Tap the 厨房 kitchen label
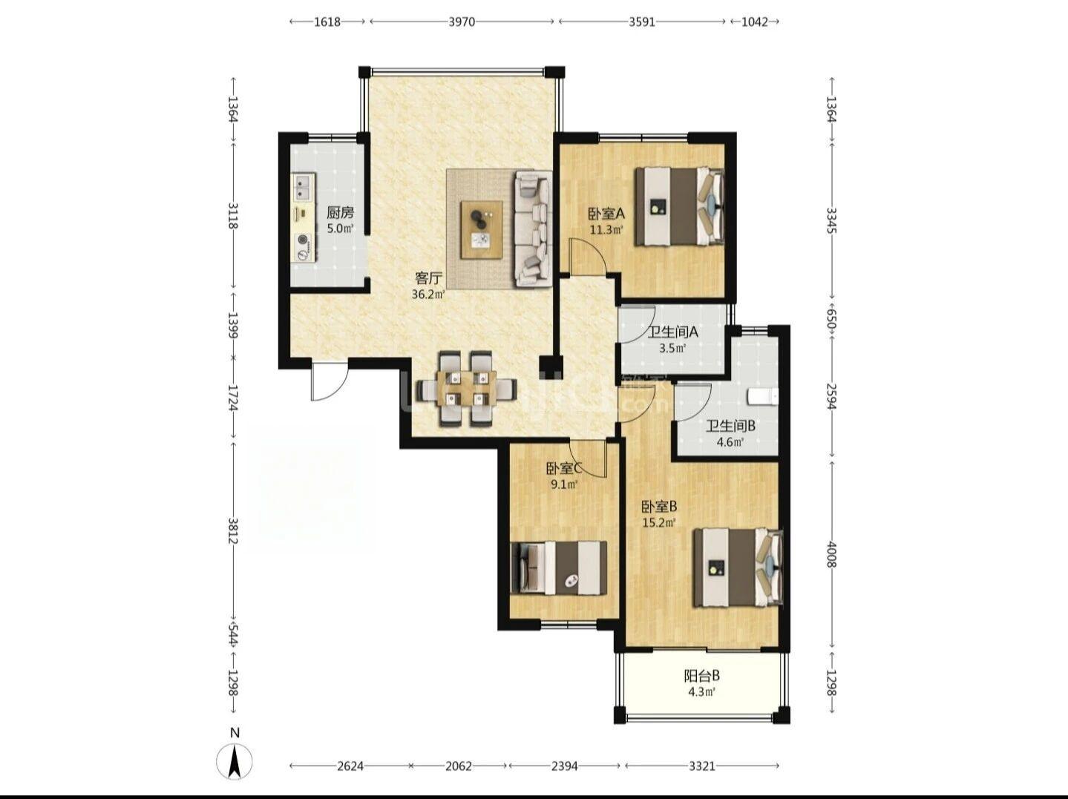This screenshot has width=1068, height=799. [x=340, y=212]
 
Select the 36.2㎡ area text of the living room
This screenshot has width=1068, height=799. [x=428, y=295]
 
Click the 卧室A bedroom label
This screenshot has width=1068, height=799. [x=606, y=214]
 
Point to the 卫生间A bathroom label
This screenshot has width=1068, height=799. [x=673, y=332]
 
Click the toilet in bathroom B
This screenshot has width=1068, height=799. [x=763, y=397]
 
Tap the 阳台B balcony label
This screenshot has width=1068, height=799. [x=702, y=676]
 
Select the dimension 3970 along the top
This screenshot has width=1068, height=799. [x=461, y=22]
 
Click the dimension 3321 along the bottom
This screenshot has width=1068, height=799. [x=702, y=766]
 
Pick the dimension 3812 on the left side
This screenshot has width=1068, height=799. [x=234, y=530]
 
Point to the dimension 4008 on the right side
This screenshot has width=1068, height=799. [x=831, y=555]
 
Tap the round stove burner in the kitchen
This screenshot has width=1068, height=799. [x=304, y=240]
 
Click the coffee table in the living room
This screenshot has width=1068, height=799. [x=482, y=229]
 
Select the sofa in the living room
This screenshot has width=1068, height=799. [x=534, y=228]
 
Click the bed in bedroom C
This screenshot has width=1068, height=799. [x=559, y=568]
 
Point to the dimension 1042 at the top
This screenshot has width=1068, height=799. [x=755, y=22]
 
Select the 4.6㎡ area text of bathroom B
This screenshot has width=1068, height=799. [x=730, y=442]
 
